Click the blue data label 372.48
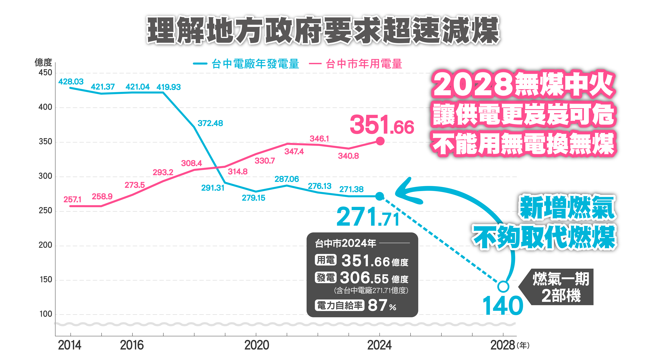click(210, 123)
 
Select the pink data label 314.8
click(237, 172)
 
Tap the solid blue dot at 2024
click(380, 196)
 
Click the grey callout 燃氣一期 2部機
click(561, 287)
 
